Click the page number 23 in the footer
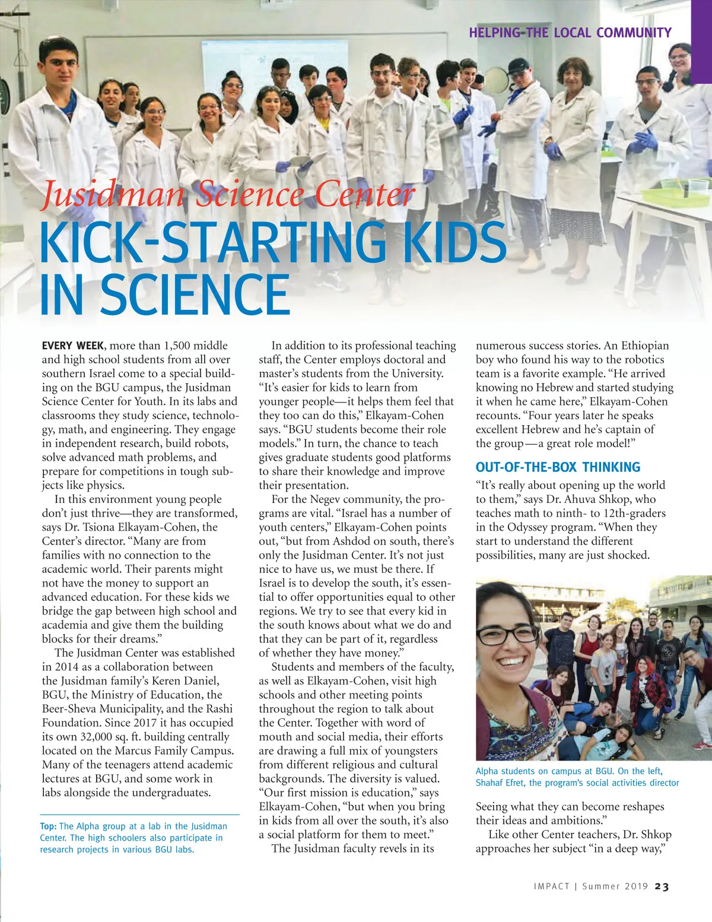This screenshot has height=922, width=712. point(662,886)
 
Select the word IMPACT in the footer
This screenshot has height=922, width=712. point(552,886)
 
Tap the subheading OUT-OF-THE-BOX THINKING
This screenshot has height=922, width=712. point(558,467)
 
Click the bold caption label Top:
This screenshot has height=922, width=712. point(48,826)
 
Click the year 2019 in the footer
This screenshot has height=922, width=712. point(636,886)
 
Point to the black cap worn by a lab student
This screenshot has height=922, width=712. point(517,65)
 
